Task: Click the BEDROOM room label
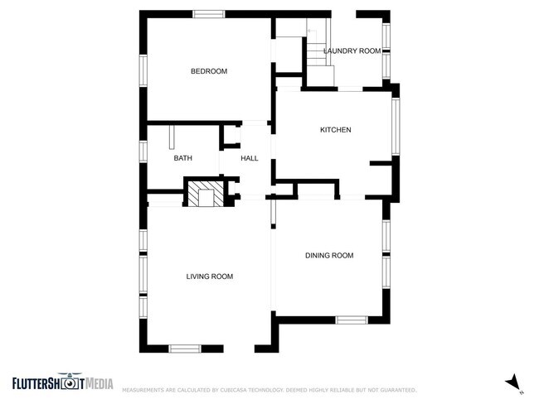pos(208,71)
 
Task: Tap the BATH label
pos(182,158)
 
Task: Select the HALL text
pos(249,158)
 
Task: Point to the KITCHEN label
pos(336,130)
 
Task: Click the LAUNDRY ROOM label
pos(352,51)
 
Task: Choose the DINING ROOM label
pos(330,256)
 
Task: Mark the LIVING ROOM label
pos(209,277)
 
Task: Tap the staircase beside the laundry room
pos(318,58)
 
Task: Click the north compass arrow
pos(513,381)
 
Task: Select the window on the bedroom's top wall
pos(208,13)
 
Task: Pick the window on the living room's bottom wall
pos(186,349)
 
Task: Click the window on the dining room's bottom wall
pos(352,319)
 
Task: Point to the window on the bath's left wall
pos(143,153)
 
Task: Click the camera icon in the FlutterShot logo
pos(71,382)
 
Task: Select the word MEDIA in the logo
pos(99,382)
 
